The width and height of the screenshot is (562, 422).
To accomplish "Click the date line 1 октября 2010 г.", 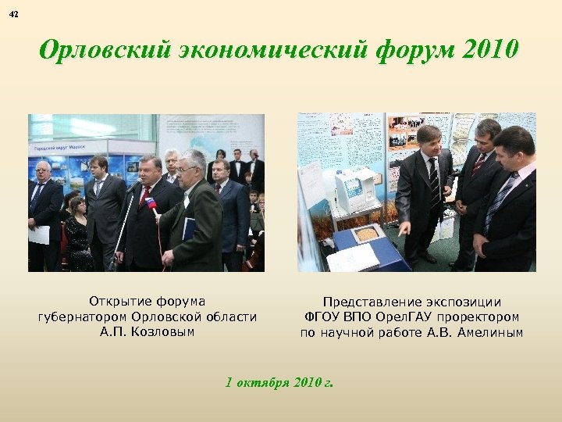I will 279,383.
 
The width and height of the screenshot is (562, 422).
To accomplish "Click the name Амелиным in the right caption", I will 495,333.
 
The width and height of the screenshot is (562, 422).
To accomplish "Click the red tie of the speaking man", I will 144,195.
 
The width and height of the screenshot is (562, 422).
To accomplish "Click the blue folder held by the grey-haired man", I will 189,228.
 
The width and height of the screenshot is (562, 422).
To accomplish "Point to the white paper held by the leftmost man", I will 40,234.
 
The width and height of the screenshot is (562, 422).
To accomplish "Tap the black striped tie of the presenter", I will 434,178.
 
